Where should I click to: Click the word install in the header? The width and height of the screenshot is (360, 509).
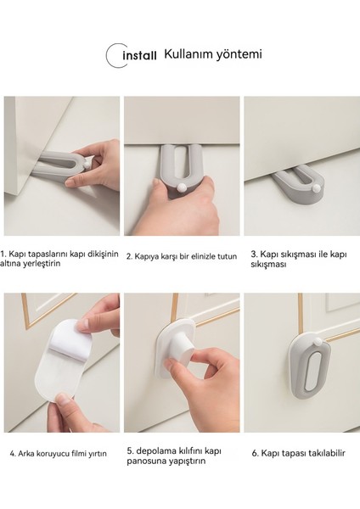140,55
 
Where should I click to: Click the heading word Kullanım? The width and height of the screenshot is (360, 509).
184,54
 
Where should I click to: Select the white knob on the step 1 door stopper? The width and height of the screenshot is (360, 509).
87,165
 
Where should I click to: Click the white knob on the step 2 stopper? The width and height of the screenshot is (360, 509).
182,187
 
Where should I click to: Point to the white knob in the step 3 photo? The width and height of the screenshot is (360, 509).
315,188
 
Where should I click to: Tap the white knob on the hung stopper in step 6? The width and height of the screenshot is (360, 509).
317,342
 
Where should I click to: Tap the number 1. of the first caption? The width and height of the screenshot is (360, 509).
3,254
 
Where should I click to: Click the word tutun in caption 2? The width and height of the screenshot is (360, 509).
227,256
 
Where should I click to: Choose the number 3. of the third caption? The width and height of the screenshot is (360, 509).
254,255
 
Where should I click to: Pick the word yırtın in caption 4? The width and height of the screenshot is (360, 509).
98,454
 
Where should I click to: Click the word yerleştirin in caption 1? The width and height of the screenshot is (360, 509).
42,264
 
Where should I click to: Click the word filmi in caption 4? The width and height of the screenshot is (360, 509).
79,454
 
